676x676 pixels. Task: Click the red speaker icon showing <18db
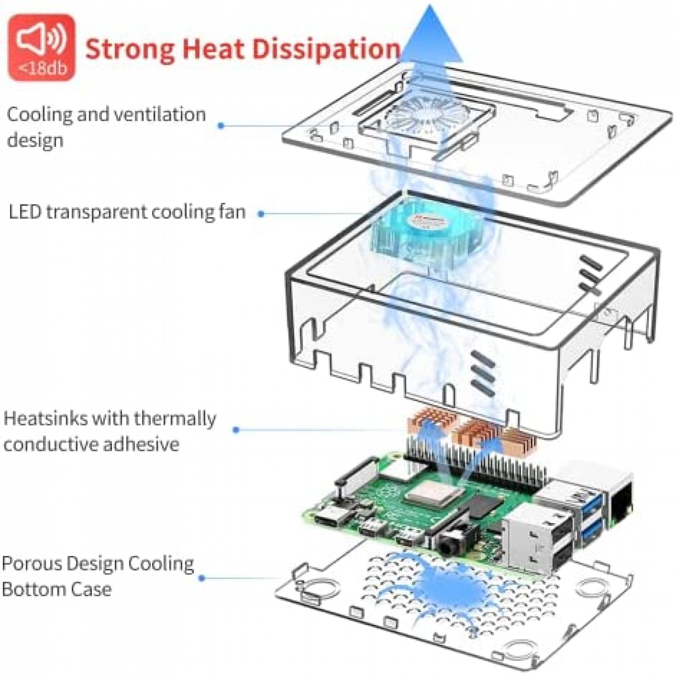[41, 47]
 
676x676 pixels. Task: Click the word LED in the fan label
[25, 212]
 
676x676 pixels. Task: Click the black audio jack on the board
[450, 545]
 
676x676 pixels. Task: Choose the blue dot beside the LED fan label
[261, 214]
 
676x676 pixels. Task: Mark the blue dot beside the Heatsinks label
[236, 430]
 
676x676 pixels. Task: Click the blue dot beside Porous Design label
[202, 578]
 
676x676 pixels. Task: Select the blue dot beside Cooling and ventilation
[221, 125]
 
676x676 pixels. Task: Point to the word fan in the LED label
[232, 212]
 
